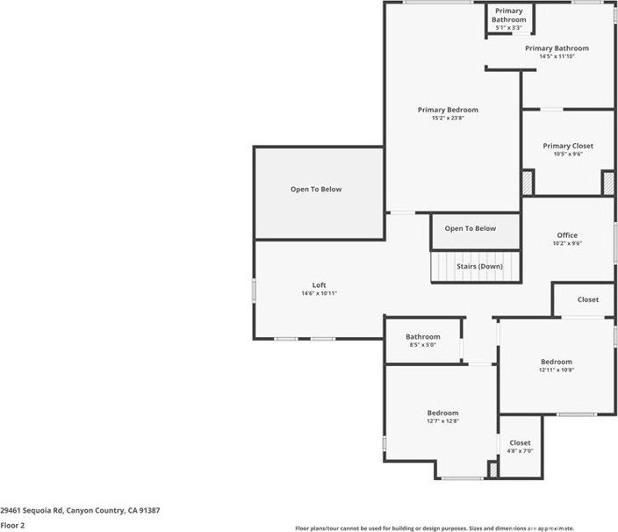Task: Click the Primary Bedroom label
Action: click(448, 110)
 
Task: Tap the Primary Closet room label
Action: click(567, 146)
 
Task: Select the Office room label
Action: click(567, 235)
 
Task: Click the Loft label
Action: click(320, 285)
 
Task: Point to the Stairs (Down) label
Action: click(479, 266)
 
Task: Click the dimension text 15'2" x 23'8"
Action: click(448, 119)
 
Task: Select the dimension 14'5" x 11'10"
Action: click(557, 56)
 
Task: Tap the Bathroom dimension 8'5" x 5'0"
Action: click(422, 345)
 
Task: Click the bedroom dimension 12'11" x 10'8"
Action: click(556, 370)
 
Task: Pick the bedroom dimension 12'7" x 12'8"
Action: click(442, 421)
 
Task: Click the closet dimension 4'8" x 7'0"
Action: click(520, 451)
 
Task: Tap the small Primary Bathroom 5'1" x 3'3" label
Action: click(508, 27)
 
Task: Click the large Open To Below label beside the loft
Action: click(316, 190)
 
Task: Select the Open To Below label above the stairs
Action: click(470, 229)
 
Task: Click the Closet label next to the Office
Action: click(587, 300)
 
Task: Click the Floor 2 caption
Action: click(12, 525)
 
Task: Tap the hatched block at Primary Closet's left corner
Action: click(527, 183)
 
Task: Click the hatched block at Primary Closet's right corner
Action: click(607, 183)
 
